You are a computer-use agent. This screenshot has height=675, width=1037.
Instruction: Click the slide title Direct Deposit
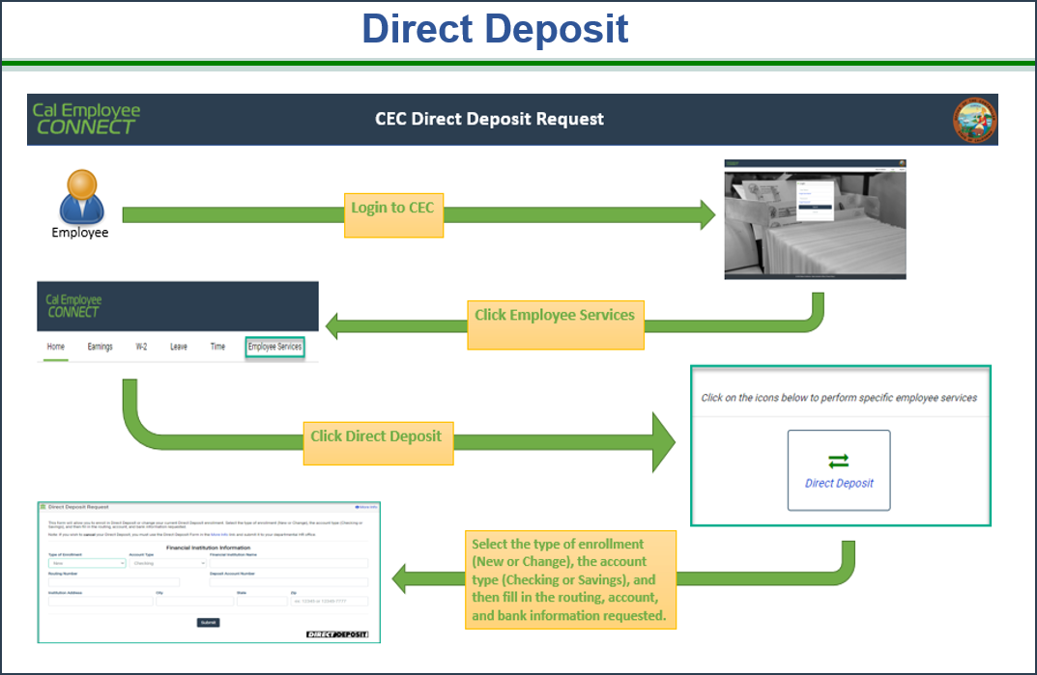(495, 29)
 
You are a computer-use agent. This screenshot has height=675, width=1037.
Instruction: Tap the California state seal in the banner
(973, 121)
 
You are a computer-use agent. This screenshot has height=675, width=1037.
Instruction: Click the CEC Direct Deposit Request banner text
(489, 120)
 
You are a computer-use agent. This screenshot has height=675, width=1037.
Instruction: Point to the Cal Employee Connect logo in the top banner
(86, 119)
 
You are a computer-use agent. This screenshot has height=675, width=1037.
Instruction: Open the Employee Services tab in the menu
(274, 347)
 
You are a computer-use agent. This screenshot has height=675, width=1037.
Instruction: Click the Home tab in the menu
(56, 347)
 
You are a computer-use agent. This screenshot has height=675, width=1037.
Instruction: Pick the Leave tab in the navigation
(179, 347)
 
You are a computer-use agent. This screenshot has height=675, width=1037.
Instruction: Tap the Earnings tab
(100, 347)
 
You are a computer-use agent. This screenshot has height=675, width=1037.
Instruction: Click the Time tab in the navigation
(218, 347)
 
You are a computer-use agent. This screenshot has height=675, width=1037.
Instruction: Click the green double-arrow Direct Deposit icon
(838, 462)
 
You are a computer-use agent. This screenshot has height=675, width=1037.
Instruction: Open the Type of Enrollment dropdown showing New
(86, 563)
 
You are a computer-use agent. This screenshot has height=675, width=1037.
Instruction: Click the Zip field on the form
(329, 601)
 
